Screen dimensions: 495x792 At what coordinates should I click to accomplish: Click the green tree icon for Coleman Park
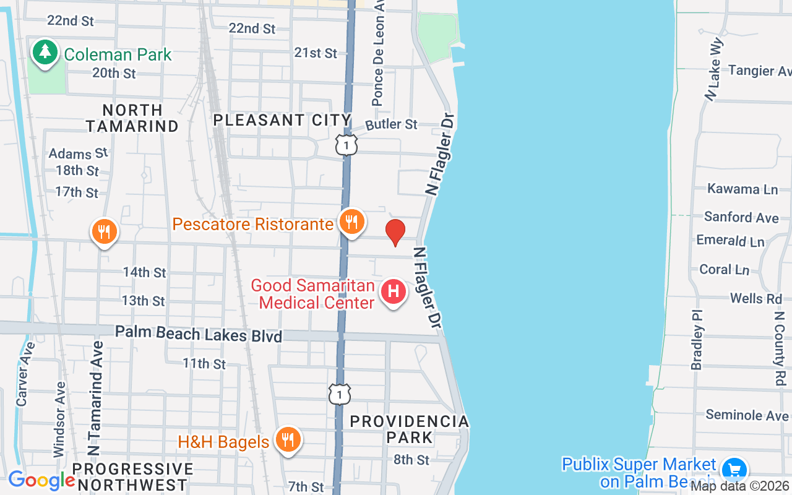45,52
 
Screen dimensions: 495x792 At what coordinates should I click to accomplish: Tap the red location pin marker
395,232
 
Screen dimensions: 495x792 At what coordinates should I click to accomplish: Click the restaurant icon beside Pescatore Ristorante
352,221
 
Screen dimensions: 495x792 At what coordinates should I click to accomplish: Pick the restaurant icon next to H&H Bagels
287,439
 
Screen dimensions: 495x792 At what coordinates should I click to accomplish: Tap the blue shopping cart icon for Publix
734,469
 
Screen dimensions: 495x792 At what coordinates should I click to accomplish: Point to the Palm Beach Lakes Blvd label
198,334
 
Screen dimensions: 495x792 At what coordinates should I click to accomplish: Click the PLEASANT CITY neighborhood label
282,120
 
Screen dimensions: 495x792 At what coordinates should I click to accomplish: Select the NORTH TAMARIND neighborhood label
132,118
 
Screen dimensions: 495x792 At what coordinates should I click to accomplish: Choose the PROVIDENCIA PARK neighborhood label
409,429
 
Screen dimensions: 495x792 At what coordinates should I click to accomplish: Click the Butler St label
392,124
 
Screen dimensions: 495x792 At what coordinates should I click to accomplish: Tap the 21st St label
316,53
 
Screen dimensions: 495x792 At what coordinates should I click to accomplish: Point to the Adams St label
78,153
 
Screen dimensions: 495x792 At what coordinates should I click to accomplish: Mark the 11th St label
204,363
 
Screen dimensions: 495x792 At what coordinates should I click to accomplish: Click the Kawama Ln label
742,189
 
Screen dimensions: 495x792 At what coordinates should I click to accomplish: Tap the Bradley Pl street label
697,340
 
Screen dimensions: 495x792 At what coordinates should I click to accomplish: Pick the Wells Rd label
756,298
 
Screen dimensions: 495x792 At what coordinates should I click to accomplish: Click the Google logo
41,480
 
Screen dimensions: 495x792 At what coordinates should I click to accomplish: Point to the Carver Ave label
24,374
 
